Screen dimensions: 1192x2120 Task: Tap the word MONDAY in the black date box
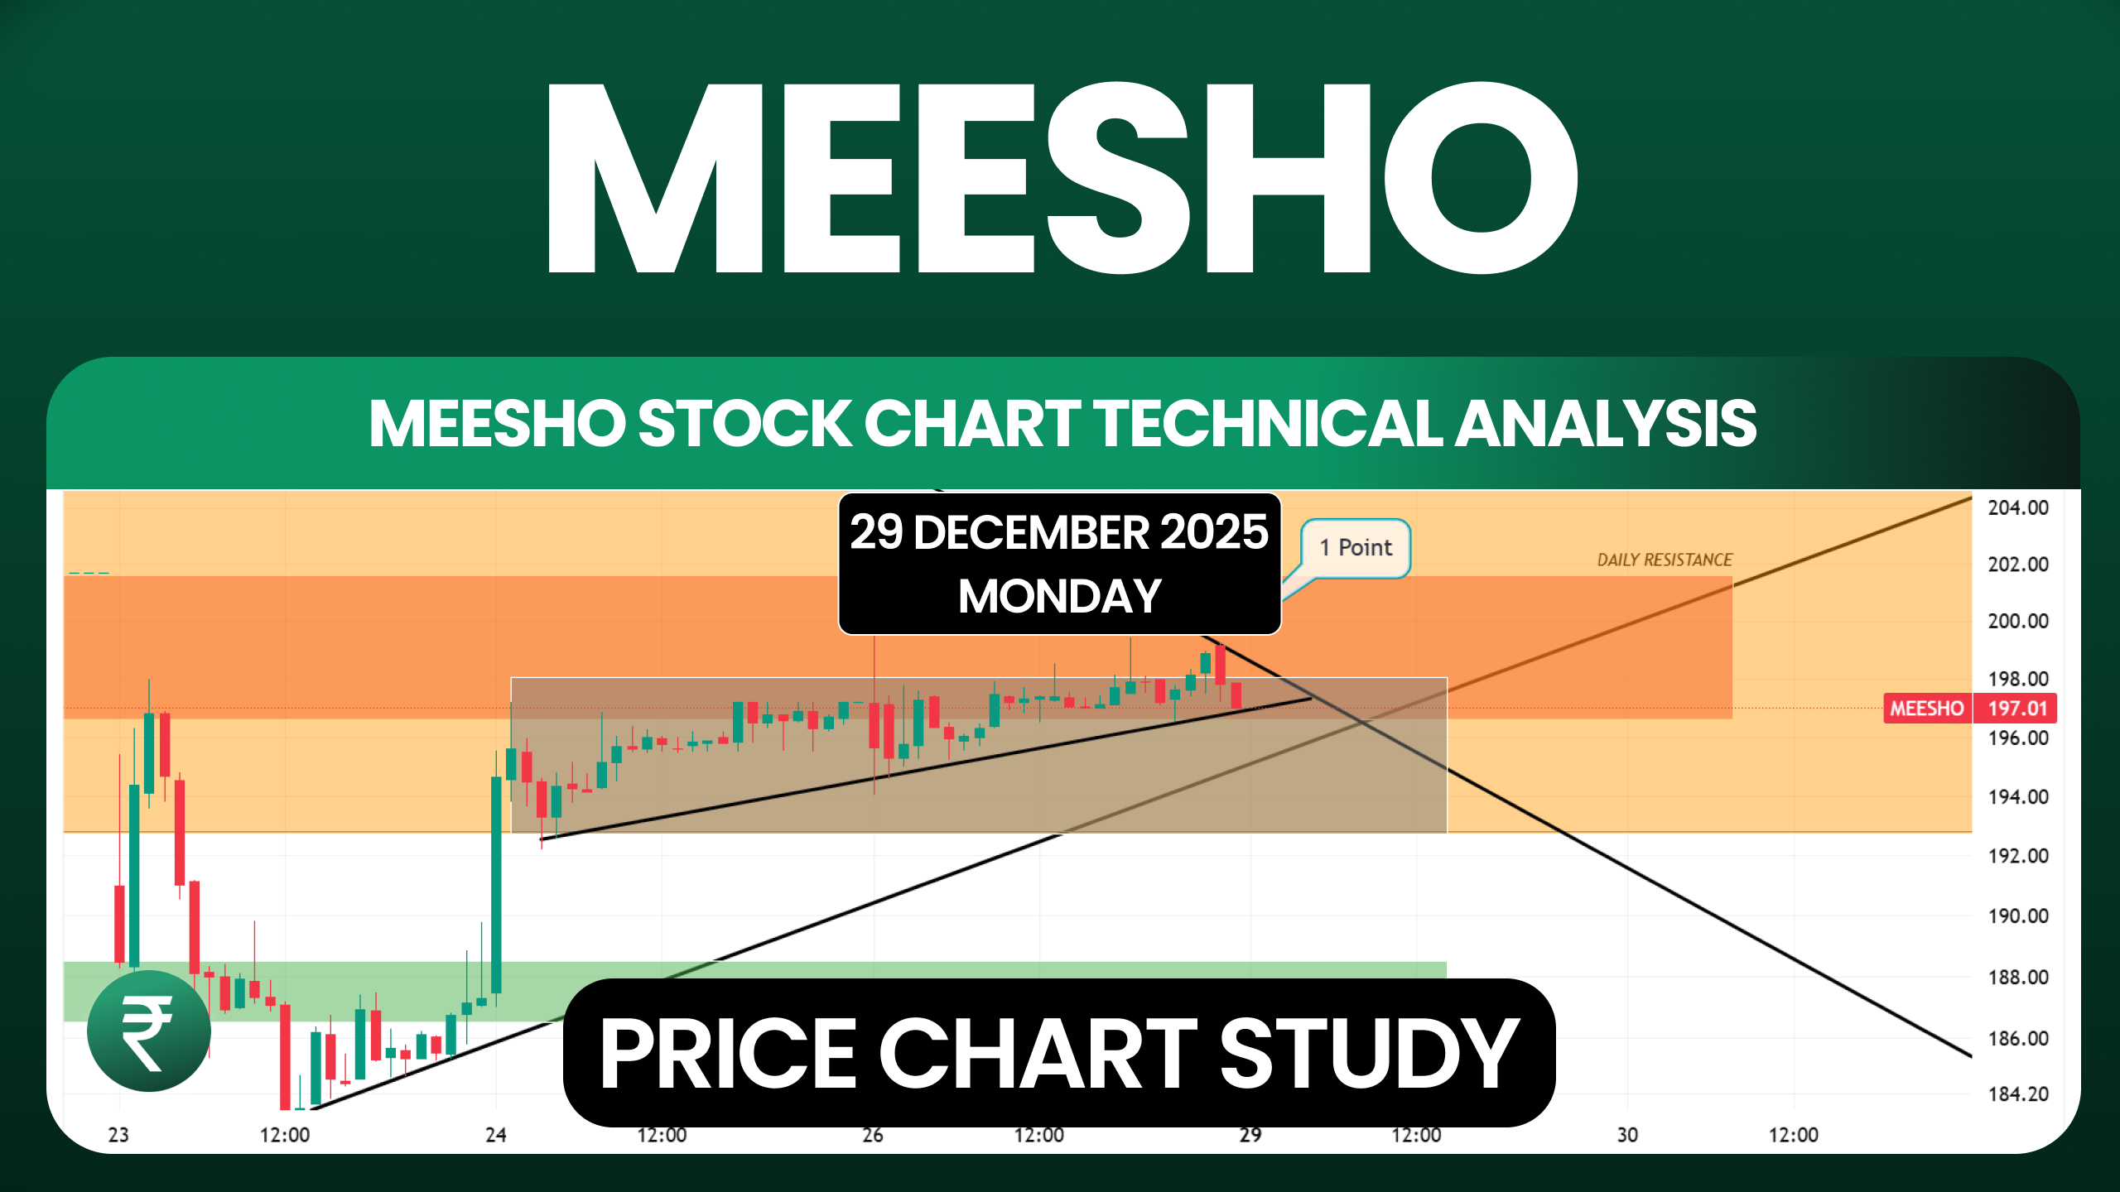point(1059,597)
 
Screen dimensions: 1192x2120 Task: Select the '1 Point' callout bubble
point(1356,548)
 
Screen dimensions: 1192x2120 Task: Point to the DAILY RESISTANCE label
point(1665,560)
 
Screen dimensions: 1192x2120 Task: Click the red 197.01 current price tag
point(2016,709)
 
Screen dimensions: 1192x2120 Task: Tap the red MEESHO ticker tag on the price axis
point(1926,709)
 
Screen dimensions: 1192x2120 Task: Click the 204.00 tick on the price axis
point(2018,507)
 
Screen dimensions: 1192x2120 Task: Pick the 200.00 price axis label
point(2018,621)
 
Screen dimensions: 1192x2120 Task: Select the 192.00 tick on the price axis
point(2018,855)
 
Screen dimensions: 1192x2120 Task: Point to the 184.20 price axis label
point(2018,1094)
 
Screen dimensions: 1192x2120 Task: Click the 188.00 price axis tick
point(2018,977)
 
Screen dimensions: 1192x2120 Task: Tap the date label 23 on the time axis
point(118,1135)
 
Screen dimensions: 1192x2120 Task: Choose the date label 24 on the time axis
point(495,1135)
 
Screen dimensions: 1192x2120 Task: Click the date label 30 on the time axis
point(1627,1135)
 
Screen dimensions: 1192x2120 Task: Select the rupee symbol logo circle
point(149,1031)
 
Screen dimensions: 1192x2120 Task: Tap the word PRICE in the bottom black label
point(729,1054)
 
